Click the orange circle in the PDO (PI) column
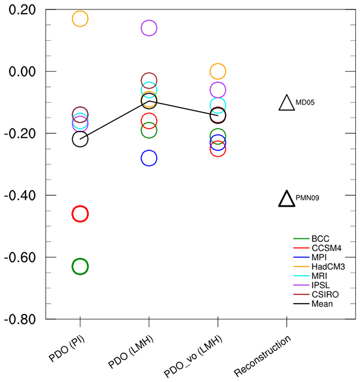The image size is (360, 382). (80, 19)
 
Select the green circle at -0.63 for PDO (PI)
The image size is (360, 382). (80, 266)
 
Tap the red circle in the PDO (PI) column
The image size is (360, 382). (80, 214)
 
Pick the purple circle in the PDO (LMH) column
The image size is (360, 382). (149, 28)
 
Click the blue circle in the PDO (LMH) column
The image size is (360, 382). (149, 158)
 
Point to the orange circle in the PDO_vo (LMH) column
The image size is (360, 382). (218, 72)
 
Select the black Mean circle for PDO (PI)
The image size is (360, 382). (80, 139)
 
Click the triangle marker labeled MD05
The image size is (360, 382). (287, 103)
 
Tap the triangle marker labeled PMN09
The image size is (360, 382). (287, 199)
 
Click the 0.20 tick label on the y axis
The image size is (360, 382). (23, 10)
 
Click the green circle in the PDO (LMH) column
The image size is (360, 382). (149, 130)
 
